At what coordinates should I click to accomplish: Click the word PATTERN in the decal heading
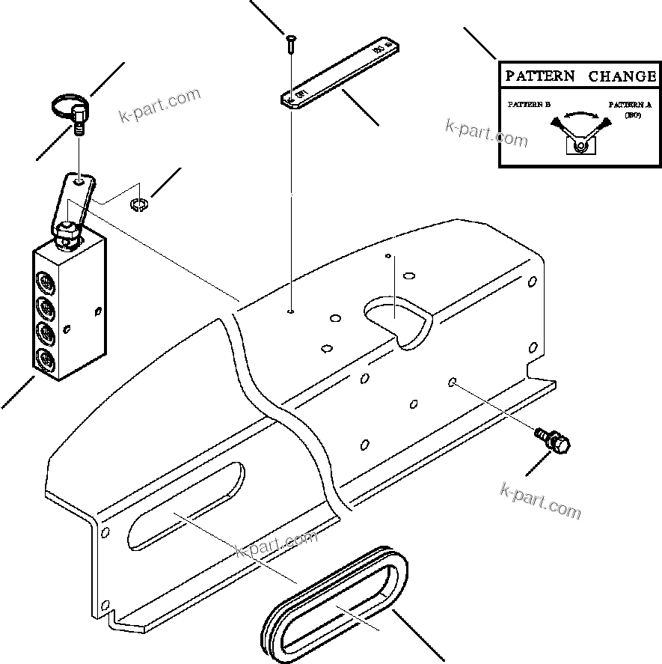(540, 76)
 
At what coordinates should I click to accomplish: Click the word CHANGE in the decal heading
(622, 76)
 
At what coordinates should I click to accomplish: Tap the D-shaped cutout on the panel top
(396, 320)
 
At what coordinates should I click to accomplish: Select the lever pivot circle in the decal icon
(580, 145)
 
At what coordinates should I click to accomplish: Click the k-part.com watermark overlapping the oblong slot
(277, 544)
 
